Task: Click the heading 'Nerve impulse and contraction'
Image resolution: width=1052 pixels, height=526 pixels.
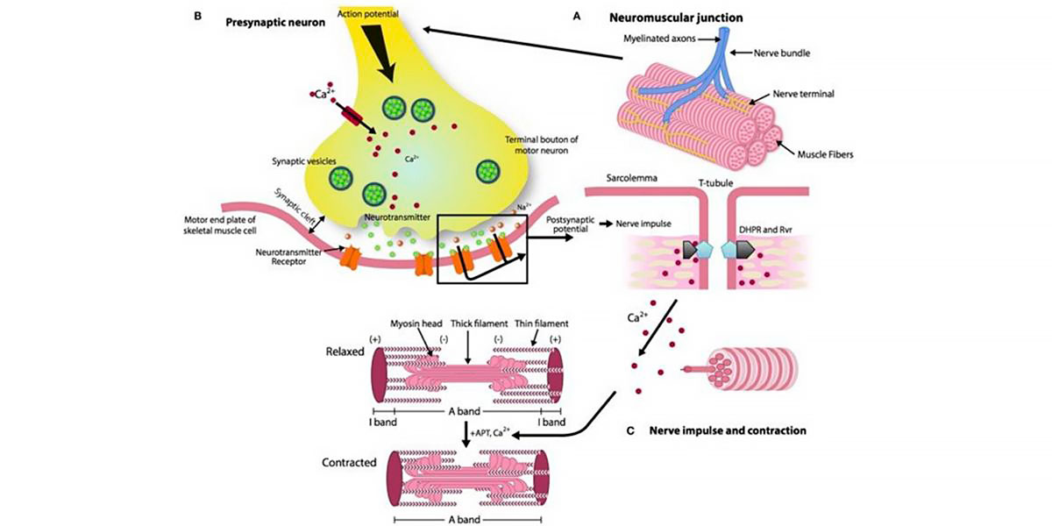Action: [727, 430]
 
